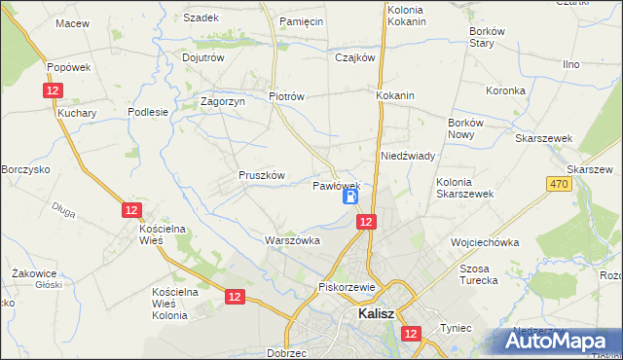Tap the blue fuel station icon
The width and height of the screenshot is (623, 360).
point(350,197)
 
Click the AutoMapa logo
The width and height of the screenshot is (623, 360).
point(559,341)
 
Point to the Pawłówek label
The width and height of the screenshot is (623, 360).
point(337,185)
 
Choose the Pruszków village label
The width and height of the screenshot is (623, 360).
point(261,175)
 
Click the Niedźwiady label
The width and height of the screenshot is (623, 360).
point(407,156)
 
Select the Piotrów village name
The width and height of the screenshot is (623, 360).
point(287,96)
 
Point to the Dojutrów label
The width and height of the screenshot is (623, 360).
point(203,57)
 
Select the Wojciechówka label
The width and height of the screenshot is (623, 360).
point(485,241)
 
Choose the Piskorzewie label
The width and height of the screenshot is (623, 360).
point(347,287)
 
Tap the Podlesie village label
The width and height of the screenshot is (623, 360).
point(149,112)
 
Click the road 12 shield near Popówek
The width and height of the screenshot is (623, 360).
point(55,90)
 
